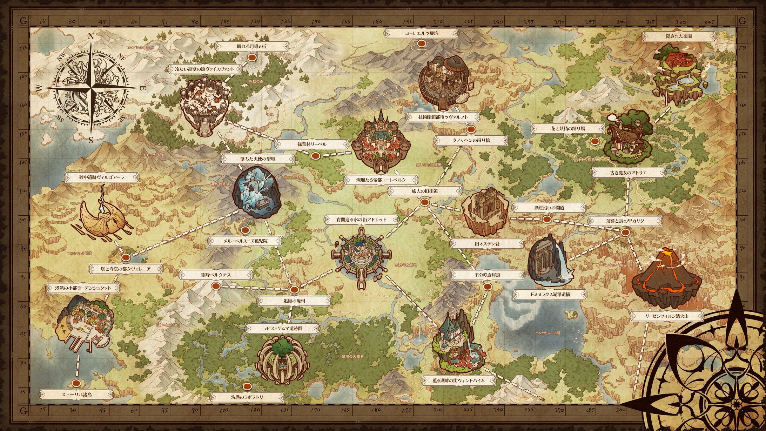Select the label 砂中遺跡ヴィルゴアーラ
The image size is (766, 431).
click(x=102, y=177)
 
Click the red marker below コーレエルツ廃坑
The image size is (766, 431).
click(x=422, y=43)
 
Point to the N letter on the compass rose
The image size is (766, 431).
click(x=90, y=36)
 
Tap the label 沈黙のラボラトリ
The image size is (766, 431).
click(x=247, y=397)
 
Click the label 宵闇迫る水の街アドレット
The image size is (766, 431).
click(x=361, y=220)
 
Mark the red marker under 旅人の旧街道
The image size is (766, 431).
click(x=424, y=202)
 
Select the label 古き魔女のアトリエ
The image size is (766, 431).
click(x=628, y=173)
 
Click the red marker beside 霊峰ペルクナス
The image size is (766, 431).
click(x=216, y=286)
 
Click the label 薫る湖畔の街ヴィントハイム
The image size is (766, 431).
click(x=459, y=380)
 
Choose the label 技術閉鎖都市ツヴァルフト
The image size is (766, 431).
click(x=443, y=117)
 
